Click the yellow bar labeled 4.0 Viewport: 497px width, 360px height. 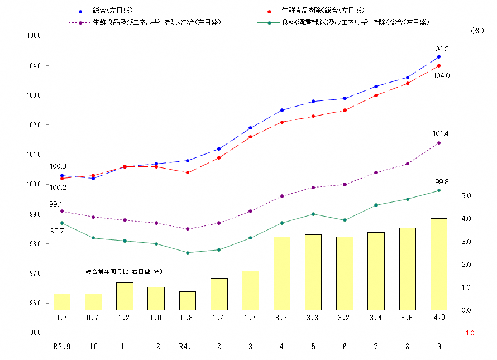coord(439,264)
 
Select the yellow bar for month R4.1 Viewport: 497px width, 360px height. coord(187,300)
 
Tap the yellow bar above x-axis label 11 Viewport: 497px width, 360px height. coord(125,296)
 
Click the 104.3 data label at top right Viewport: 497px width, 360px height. coord(441,49)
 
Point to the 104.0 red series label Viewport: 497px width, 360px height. coord(441,75)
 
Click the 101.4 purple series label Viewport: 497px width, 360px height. coord(441,133)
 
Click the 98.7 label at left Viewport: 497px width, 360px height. coord(56,231)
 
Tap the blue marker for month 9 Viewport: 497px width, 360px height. coord(439,57)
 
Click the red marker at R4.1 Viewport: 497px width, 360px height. coord(188,172)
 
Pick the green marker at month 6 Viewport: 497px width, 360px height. coord(345,220)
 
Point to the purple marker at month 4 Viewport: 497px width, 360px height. coord(282,196)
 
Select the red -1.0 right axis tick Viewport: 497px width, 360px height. coord(468,333)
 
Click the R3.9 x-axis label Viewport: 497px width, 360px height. coord(61,347)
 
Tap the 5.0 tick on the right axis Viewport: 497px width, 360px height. coord(467,196)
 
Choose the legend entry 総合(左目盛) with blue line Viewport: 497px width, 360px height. coord(114,11)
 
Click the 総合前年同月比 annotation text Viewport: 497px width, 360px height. coord(123,271)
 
